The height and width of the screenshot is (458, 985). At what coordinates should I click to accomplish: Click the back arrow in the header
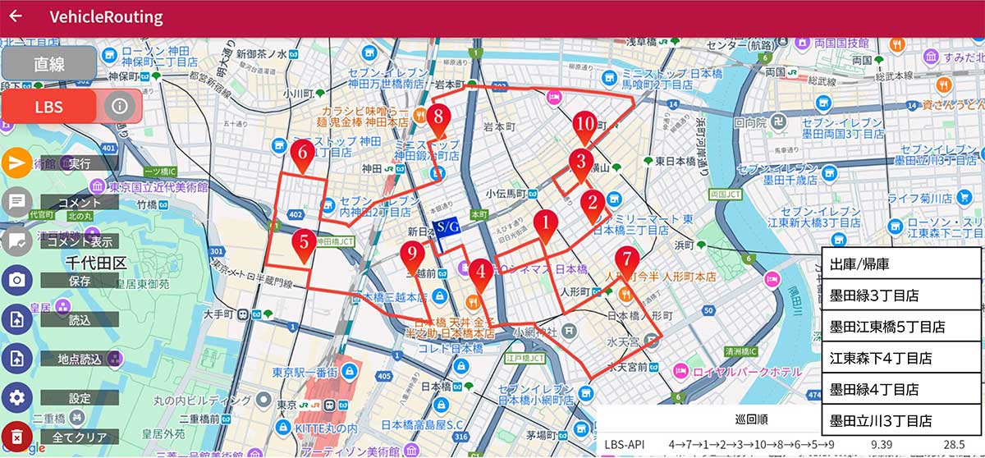(x=15, y=16)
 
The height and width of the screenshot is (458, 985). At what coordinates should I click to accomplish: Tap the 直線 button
(x=49, y=64)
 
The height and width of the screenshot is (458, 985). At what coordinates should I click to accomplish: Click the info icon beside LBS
(x=120, y=106)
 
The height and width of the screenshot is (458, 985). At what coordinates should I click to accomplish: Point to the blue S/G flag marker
(x=446, y=227)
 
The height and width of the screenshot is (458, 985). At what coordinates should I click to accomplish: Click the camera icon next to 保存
(x=16, y=279)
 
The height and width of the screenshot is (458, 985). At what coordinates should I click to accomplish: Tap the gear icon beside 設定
(x=16, y=398)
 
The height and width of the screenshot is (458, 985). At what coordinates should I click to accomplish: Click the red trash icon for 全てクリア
(x=16, y=436)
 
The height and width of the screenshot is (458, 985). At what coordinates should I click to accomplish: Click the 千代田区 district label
(x=96, y=263)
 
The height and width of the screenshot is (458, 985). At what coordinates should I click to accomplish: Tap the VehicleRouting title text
(x=106, y=17)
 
